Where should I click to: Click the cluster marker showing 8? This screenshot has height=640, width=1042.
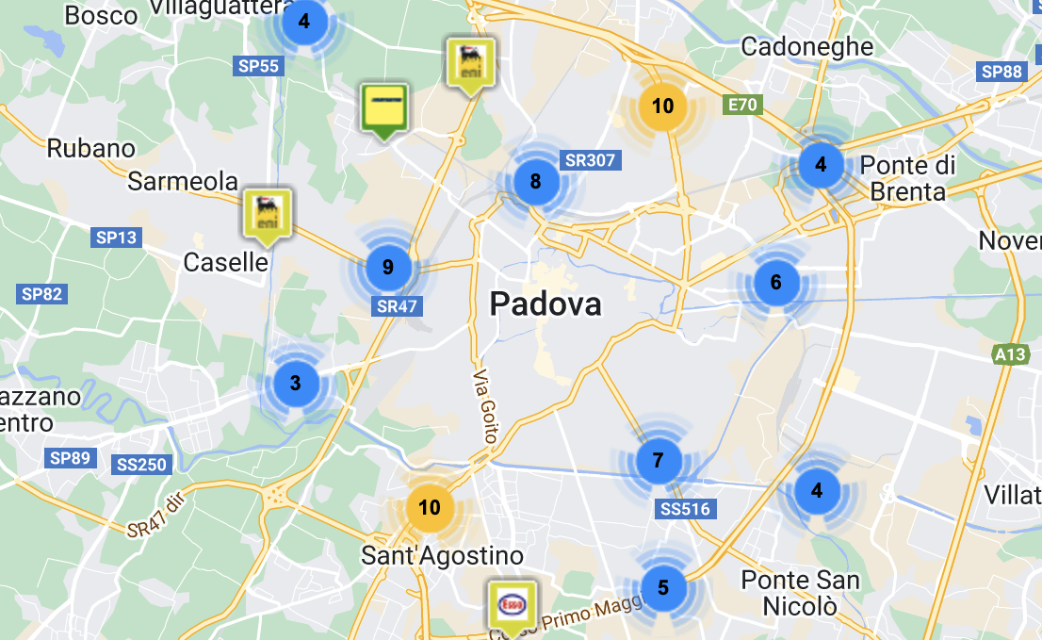(535, 182)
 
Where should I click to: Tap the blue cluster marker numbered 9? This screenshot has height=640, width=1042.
(388, 268)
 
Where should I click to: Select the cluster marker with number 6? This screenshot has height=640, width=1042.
(776, 282)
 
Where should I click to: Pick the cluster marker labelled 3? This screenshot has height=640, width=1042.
(296, 383)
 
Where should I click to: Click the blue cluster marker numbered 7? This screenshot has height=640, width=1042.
(658, 461)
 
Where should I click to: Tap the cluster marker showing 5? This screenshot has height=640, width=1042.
(663, 588)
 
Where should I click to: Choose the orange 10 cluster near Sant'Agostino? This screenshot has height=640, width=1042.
(430, 508)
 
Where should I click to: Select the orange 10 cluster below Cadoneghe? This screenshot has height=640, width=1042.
(663, 106)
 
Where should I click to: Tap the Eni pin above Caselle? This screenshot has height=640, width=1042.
(268, 213)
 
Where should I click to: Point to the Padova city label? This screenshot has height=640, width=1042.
(545, 304)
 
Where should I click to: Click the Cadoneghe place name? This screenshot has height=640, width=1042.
(807, 46)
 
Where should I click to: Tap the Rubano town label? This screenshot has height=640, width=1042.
(91, 148)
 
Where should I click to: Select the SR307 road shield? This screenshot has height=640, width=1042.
(590, 160)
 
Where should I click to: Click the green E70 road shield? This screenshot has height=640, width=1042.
(742, 105)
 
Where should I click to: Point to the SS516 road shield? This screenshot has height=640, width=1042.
(685, 509)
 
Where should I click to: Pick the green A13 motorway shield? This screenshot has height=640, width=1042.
(1010, 354)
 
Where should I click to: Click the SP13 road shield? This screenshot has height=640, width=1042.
(116, 238)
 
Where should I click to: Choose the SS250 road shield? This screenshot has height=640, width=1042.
(141, 464)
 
